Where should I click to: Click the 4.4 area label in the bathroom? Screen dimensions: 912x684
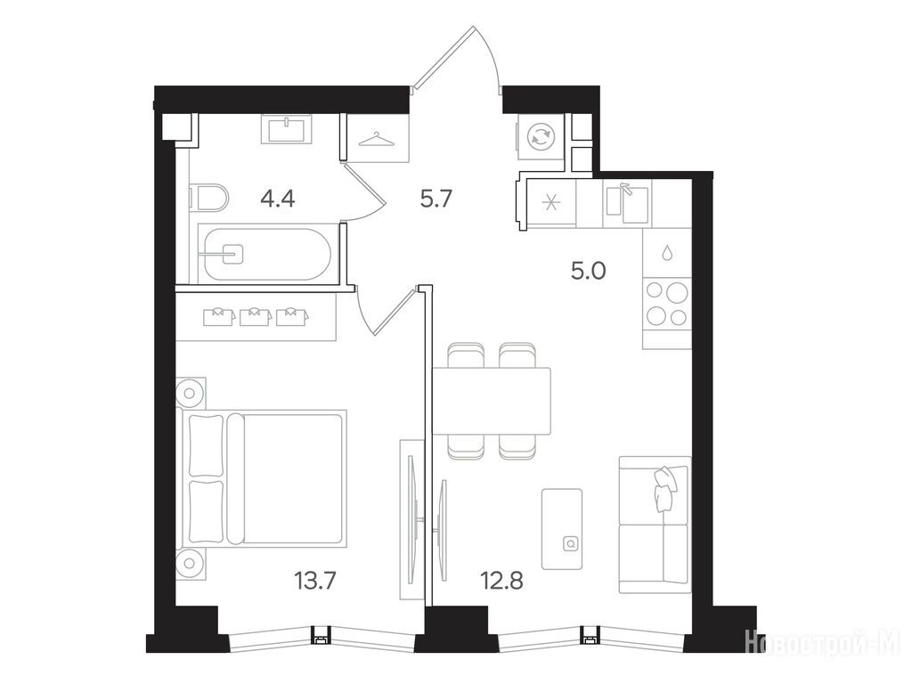click(278, 199)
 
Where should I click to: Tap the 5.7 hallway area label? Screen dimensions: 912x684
click(436, 199)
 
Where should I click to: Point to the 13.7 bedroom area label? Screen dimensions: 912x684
click(315, 580)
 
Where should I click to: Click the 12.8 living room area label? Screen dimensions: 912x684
click(501, 580)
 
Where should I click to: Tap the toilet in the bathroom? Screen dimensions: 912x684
click(209, 199)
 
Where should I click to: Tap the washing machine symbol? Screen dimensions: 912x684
click(541, 137)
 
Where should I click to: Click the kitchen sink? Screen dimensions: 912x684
click(628, 203)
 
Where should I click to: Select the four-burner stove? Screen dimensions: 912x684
click(667, 303)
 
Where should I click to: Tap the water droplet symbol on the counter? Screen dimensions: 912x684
click(667, 252)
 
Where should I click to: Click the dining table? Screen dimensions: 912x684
click(492, 401)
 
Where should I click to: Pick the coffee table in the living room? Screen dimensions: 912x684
click(562, 529)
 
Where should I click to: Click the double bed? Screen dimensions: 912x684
click(265, 477)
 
